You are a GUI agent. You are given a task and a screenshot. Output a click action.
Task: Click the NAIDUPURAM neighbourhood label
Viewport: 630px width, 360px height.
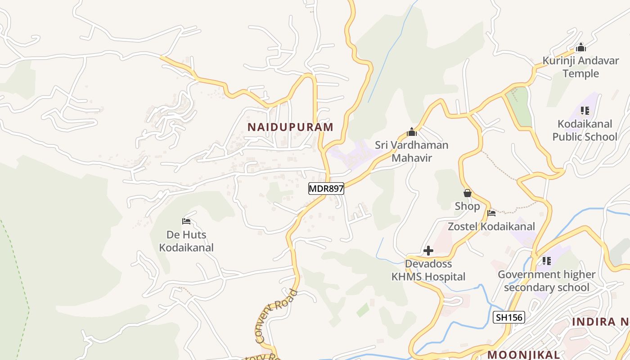pyautogui.click(x=291, y=127)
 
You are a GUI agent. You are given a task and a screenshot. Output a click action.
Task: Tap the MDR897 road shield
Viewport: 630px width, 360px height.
pyautogui.click(x=326, y=189)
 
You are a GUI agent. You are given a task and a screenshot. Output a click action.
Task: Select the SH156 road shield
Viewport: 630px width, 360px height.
pyautogui.click(x=509, y=317)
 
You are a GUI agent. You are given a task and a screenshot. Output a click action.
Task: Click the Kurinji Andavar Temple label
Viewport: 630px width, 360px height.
pyautogui.click(x=580, y=67)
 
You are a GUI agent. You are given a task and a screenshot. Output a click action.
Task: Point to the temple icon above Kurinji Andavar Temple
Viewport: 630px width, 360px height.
pyautogui.click(x=581, y=47)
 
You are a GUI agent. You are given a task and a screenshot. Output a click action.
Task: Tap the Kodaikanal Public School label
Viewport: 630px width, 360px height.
pyautogui.click(x=585, y=130)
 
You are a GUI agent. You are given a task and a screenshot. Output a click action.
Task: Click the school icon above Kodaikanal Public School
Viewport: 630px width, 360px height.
pyautogui.click(x=585, y=110)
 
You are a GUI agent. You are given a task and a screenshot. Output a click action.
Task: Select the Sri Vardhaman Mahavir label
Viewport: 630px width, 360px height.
pyautogui.click(x=411, y=151)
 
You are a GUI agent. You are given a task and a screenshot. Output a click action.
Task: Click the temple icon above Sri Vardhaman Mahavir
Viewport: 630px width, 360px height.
pyautogui.click(x=411, y=132)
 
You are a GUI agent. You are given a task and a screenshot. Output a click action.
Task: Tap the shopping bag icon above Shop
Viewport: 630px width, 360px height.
pyautogui.click(x=467, y=193)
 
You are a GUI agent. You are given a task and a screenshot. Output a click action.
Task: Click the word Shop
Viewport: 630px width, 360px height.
pyautogui.click(x=467, y=206)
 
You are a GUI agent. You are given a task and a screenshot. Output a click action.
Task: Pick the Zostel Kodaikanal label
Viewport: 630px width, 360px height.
pyautogui.click(x=491, y=226)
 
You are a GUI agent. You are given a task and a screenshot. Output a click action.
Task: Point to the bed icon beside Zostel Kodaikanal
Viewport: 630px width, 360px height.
pyautogui.click(x=491, y=213)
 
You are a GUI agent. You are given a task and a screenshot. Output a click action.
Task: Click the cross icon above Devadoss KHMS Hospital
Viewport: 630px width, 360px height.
pyautogui.click(x=428, y=251)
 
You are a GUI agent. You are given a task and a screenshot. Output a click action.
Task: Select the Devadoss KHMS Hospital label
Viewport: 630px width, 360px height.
pyautogui.click(x=428, y=270)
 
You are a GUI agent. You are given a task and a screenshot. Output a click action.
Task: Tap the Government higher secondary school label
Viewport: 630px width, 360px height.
pyautogui.click(x=546, y=281)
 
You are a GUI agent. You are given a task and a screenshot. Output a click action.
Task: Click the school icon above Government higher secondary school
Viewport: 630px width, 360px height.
pyautogui.click(x=546, y=261)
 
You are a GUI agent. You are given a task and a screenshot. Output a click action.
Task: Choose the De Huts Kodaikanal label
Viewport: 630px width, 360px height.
pyautogui.click(x=186, y=241)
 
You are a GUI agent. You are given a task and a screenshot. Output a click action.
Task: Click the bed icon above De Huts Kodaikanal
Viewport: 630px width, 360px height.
pyautogui.click(x=186, y=221)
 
